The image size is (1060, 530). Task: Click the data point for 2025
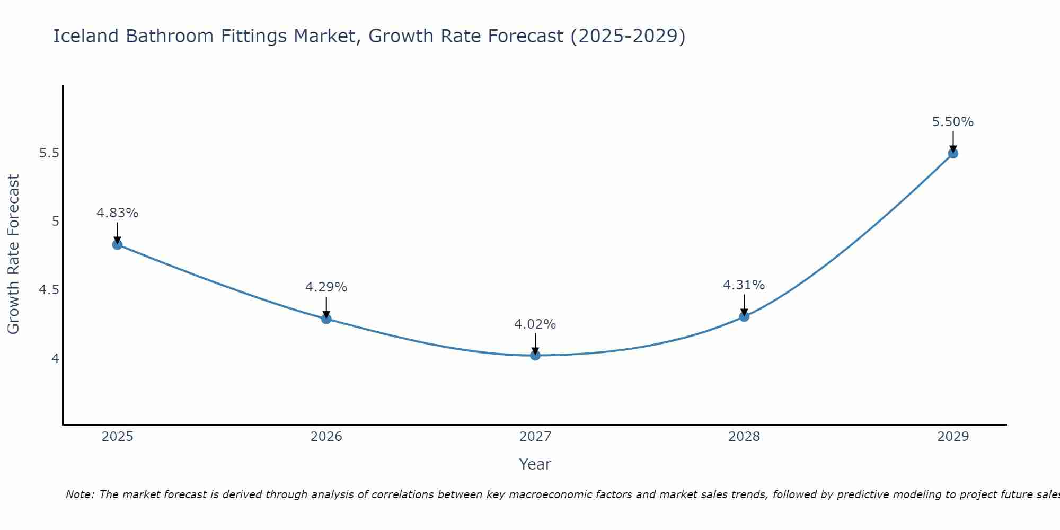(117, 244)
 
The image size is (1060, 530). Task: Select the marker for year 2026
(326, 319)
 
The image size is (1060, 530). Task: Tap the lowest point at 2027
(535, 355)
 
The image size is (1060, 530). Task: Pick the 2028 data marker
(744, 316)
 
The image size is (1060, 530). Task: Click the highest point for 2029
(953, 153)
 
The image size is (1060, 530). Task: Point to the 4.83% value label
(117, 213)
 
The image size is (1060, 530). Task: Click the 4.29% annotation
(326, 287)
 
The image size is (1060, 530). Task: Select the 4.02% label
(535, 324)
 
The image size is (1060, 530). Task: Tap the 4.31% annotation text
(744, 285)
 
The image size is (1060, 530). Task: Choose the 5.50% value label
(953, 122)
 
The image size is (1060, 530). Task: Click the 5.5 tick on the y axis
(49, 153)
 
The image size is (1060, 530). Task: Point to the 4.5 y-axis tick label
(49, 290)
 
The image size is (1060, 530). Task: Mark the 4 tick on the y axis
(55, 359)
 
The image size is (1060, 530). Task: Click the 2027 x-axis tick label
(535, 437)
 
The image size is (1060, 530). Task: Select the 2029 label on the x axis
(953, 437)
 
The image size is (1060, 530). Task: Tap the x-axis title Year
(535, 464)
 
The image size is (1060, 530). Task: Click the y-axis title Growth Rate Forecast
(13, 254)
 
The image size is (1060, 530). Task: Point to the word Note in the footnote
(79, 494)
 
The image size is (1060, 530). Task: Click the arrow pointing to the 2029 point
(953, 141)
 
